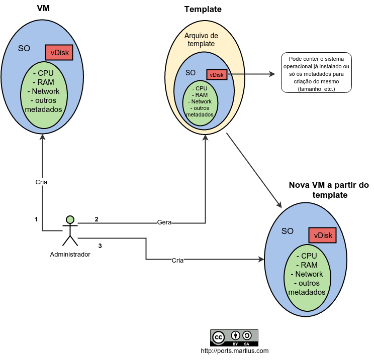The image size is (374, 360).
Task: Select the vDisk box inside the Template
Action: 217,75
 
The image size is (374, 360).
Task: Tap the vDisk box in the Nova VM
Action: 322,235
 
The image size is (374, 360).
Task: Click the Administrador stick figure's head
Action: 70,219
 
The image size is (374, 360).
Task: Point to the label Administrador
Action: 70,254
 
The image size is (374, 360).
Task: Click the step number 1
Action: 36,219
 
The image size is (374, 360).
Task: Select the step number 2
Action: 96,219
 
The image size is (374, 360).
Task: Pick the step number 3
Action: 100,246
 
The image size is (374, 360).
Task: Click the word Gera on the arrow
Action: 164,222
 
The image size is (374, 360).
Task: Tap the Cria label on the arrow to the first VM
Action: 42,182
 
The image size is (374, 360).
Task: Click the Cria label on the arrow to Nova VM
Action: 177,260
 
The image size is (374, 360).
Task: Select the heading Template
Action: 203,9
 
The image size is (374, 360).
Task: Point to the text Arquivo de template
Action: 201,40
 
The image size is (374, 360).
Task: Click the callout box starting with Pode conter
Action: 316,73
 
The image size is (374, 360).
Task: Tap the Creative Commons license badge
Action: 234,337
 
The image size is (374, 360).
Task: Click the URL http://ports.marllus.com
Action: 235,351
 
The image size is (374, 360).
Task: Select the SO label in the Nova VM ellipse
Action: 288,231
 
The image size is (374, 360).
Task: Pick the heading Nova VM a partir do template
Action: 329,190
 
